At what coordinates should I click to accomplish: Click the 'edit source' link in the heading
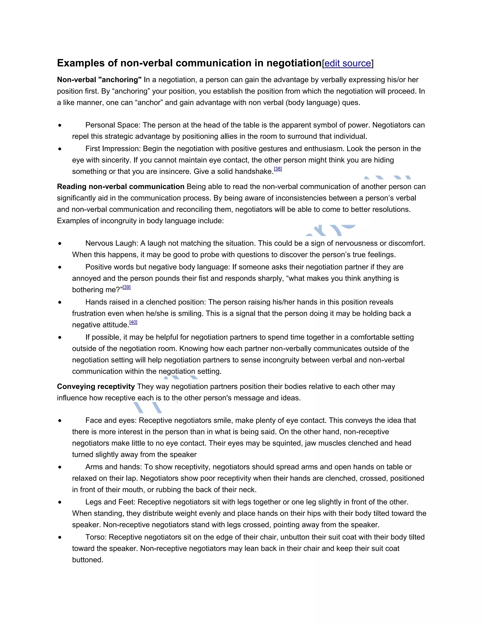tap(347, 63)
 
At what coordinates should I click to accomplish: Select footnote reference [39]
tap(127, 287)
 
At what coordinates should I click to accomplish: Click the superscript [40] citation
tap(133, 322)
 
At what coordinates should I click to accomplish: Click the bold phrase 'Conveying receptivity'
tap(96, 387)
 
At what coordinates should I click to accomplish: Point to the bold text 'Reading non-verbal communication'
tap(121, 187)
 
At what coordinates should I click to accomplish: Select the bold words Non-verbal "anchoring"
tap(99, 80)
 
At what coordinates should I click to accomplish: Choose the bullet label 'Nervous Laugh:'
tap(112, 243)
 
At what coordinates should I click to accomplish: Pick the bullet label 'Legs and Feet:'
tap(110, 502)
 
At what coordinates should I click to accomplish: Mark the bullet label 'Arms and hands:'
tap(113, 467)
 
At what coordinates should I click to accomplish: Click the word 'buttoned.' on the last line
tap(87, 560)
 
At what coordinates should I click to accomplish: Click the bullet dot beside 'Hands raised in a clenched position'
tap(60, 302)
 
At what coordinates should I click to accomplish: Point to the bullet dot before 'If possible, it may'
tap(60, 337)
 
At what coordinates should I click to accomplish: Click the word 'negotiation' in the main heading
tap(294, 63)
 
